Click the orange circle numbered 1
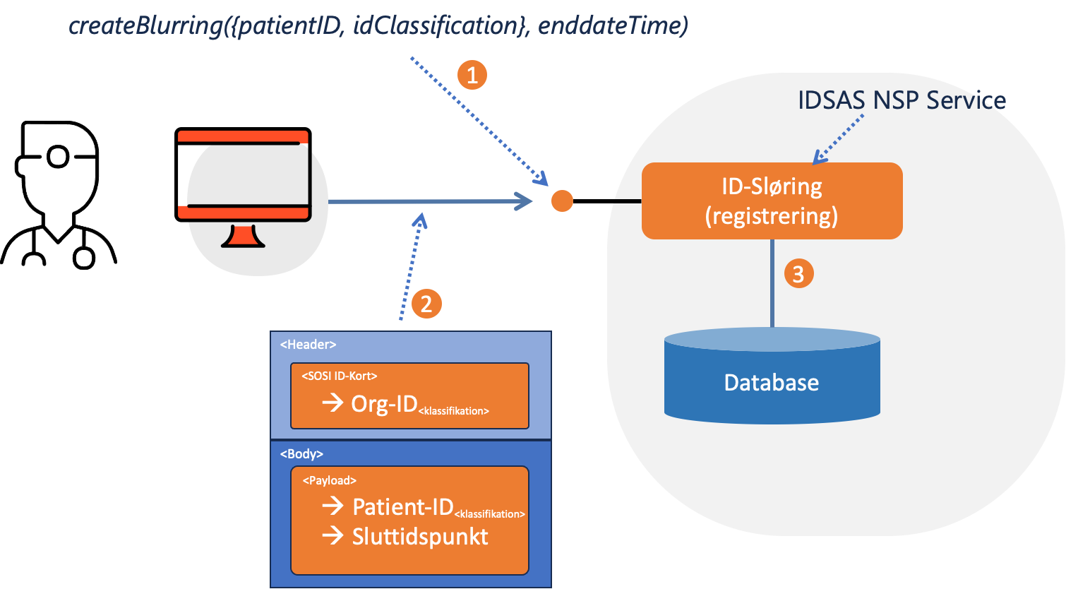472,74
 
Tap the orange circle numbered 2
426,304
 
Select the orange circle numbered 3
798,273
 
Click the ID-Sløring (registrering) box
772,201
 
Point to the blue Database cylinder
772,382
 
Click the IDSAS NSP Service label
902,100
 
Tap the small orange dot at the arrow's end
562,201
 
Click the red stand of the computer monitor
243,237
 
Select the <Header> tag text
308,345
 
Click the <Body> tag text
301,454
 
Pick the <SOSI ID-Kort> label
340,376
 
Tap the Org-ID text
384,403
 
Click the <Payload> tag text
329,480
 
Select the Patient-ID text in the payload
402,506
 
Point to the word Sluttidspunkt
420,537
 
